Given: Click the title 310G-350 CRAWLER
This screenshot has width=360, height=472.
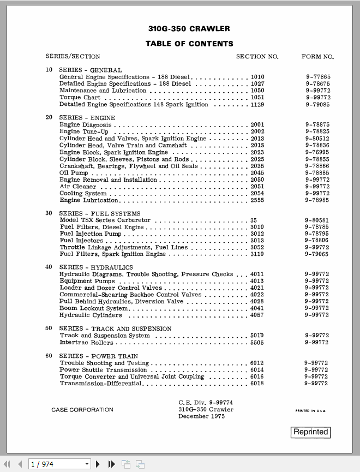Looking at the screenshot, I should click(189, 29).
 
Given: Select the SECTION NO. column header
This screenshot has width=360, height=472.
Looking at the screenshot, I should click(257, 57).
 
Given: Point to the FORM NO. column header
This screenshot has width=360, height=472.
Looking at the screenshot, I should click(317, 57).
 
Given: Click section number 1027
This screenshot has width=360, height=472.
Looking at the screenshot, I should click(257, 84).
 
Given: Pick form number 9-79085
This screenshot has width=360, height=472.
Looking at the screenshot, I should click(317, 104).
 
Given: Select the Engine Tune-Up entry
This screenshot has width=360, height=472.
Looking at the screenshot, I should click(84, 132).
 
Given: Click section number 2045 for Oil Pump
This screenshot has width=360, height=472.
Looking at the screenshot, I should click(257, 173).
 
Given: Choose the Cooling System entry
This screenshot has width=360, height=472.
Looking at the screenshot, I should click(83, 193).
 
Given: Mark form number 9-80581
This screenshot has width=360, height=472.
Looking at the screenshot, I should click(317, 220).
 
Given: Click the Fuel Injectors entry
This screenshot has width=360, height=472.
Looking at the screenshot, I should click(81, 241).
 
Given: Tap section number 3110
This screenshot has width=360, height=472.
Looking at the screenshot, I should click(257, 254).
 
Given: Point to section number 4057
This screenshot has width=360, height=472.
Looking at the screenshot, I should click(257, 315).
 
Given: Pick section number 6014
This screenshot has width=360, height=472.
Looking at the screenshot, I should click(257, 370).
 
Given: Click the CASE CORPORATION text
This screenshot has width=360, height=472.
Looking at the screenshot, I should click(82, 410).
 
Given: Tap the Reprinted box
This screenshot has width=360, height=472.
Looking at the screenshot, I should click(311, 432).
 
